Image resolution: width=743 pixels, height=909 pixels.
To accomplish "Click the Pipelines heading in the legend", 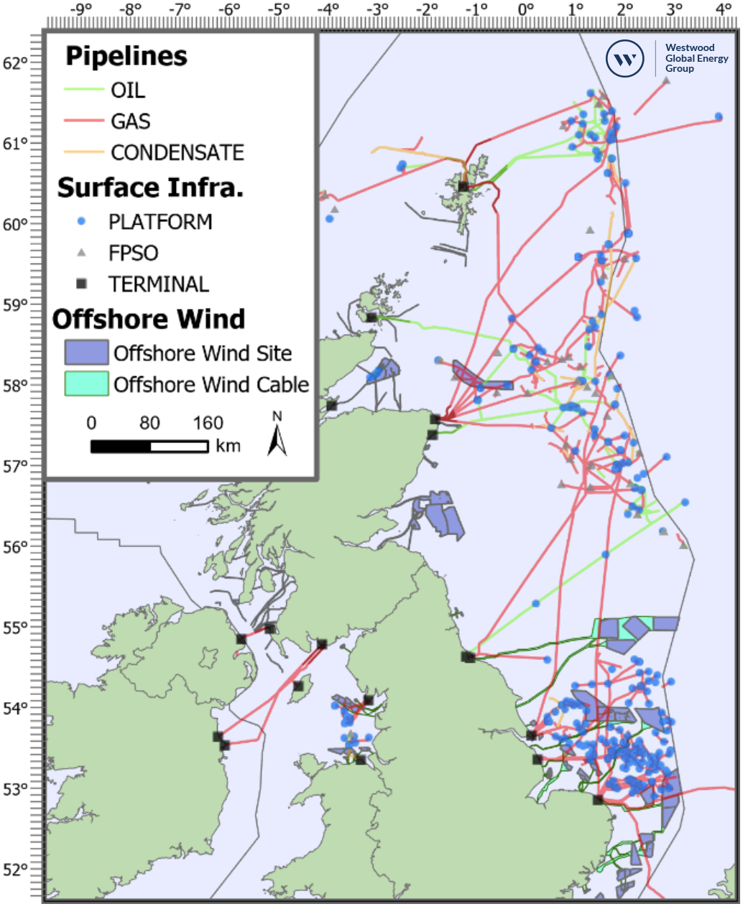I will (x=126, y=56).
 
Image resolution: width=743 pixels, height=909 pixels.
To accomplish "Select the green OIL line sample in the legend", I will (x=83, y=90).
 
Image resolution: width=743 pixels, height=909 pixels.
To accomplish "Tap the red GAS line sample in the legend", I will (x=83, y=121).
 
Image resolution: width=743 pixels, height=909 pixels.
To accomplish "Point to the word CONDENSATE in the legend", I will (x=177, y=152).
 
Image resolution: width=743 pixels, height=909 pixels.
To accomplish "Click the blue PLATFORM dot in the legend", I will (x=81, y=221).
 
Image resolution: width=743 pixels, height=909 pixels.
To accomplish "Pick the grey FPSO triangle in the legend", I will (x=81, y=253).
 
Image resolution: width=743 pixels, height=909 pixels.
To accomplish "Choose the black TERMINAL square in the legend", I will (x=81, y=284).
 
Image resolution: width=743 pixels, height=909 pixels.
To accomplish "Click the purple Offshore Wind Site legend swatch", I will (x=86, y=353).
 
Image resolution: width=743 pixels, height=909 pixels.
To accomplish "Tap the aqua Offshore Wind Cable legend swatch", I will (x=86, y=383).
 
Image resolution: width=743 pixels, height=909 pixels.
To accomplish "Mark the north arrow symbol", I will (x=277, y=437).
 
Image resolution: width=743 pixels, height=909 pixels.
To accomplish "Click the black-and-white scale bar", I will (x=149, y=447).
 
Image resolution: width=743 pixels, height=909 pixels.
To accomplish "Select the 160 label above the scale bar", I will (x=208, y=423).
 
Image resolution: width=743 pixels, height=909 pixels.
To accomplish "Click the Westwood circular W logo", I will (x=624, y=58).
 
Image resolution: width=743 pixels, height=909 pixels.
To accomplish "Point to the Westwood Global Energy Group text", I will (x=696, y=58).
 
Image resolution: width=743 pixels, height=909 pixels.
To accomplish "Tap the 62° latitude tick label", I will (x=14, y=63).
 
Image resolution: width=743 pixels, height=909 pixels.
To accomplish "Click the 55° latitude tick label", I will (x=14, y=628).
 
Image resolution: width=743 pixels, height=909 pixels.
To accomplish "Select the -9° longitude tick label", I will (x=80, y=9).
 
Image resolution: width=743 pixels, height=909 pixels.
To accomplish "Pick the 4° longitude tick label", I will (x=723, y=9).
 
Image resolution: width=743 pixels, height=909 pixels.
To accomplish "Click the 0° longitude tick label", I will (x=525, y=9).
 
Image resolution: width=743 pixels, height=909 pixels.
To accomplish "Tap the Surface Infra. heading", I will (x=150, y=187).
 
